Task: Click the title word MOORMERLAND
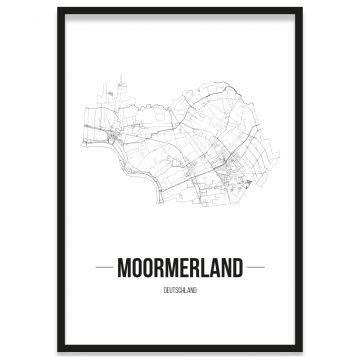pyautogui.click(x=180, y=268)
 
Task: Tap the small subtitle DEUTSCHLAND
pyautogui.click(x=180, y=290)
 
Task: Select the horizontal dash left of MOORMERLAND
pyautogui.click(x=103, y=268)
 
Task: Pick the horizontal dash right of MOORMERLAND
pyautogui.click(x=256, y=268)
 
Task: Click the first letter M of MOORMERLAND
pyautogui.click(x=124, y=268)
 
